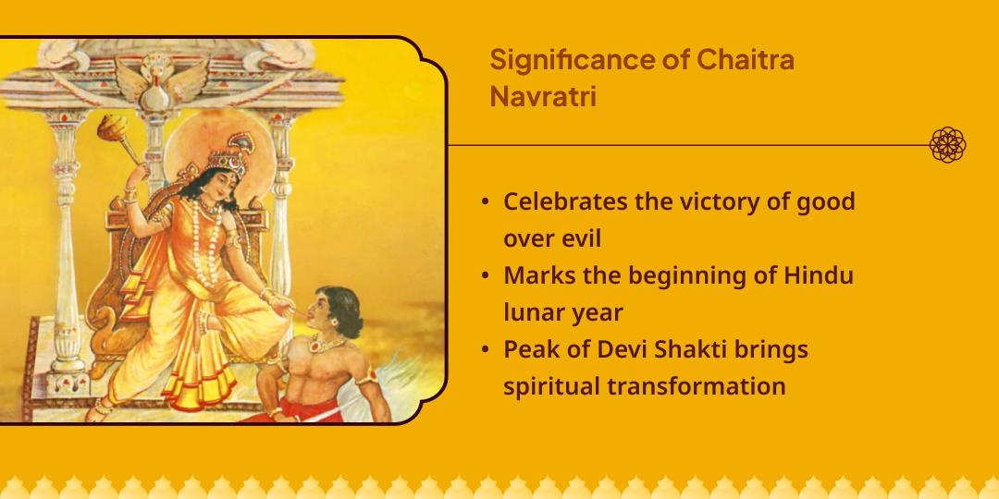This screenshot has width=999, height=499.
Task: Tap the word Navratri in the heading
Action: point(542,97)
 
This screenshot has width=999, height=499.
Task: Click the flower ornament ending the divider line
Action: point(947,145)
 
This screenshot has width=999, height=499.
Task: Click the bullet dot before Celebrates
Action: point(486,202)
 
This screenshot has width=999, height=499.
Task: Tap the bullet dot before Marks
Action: point(486,276)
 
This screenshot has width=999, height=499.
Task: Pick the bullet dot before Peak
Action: point(486,350)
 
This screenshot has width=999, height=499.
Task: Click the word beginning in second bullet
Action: point(680,275)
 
